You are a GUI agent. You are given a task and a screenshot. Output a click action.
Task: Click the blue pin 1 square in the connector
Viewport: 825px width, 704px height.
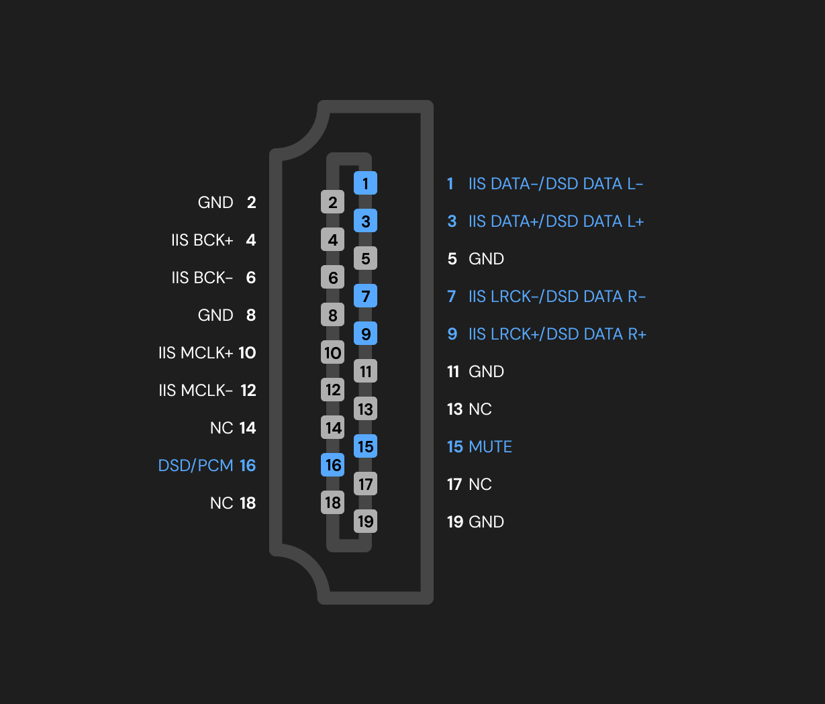pyautogui.click(x=365, y=183)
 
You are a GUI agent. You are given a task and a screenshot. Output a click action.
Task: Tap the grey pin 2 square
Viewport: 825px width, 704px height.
pyautogui.click(x=333, y=202)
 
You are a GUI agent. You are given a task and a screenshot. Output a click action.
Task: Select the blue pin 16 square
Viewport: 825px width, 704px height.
pyautogui.click(x=333, y=465)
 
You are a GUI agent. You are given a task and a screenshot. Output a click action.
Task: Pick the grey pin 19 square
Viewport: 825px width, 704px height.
pyautogui.click(x=365, y=521)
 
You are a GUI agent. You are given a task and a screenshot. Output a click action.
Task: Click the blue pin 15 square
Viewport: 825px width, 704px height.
pyautogui.click(x=365, y=446)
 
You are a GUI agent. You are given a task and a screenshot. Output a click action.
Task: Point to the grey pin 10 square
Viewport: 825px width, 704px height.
pyautogui.click(x=333, y=352)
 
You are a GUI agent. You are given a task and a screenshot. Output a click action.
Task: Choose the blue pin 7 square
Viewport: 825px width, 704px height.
pyautogui.click(x=365, y=296)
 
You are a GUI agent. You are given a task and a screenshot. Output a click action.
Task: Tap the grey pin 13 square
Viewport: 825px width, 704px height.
pyautogui.click(x=365, y=409)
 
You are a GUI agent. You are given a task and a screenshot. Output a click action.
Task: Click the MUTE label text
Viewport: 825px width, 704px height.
pyautogui.click(x=490, y=447)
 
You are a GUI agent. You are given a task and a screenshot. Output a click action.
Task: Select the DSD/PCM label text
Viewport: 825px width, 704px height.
pyautogui.click(x=195, y=466)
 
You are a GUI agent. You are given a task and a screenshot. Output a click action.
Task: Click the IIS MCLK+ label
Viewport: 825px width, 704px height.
pyautogui.click(x=195, y=353)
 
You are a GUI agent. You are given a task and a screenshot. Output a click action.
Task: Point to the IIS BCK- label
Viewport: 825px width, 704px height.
pyautogui.click(x=202, y=278)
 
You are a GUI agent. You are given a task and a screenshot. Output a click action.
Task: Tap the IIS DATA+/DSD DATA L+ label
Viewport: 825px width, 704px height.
pyautogui.click(x=556, y=221)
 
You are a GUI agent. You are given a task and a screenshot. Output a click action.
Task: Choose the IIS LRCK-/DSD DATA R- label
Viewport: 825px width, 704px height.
pyautogui.click(x=556, y=297)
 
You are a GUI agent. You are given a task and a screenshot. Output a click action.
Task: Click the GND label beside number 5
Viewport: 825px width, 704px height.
pyautogui.click(x=486, y=259)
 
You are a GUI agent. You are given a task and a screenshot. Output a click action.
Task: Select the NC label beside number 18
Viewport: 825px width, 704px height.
pyautogui.click(x=222, y=503)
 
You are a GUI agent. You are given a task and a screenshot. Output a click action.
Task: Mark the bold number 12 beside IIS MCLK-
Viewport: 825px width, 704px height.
pyautogui.click(x=248, y=391)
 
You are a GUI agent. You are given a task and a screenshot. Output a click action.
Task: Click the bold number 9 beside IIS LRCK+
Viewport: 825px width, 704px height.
pyautogui.click(x=452, y=334)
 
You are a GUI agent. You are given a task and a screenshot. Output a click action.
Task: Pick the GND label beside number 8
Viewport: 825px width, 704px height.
pyautogui.click(x=215, y=315)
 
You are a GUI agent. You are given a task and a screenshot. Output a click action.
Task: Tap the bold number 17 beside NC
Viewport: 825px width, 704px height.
pyautogui.click(x=454, y=485)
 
